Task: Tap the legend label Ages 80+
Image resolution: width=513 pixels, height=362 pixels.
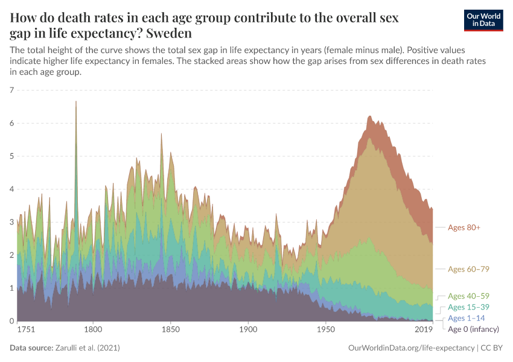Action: tap(464, 227)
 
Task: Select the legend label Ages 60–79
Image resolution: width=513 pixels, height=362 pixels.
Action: tap(467, 268)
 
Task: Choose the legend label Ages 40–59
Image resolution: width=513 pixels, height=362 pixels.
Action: tap(467, 296)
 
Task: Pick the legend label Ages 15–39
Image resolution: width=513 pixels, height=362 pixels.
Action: tap(467, 307)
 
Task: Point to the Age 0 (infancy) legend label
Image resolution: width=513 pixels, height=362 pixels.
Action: tap(473, 329)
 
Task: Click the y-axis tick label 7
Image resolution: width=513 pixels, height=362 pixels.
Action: tap(11, 91)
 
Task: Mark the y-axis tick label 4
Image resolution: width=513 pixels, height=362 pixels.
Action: tap(11, 189)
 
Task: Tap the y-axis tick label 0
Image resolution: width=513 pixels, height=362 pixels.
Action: tap(11, 321)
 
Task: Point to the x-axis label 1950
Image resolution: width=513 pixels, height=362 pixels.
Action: tap(326, 330)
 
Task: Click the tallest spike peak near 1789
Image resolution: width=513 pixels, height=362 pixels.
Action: tap(76, 102)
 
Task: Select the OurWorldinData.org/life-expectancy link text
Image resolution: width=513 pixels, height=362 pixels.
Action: tap(412, 348)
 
